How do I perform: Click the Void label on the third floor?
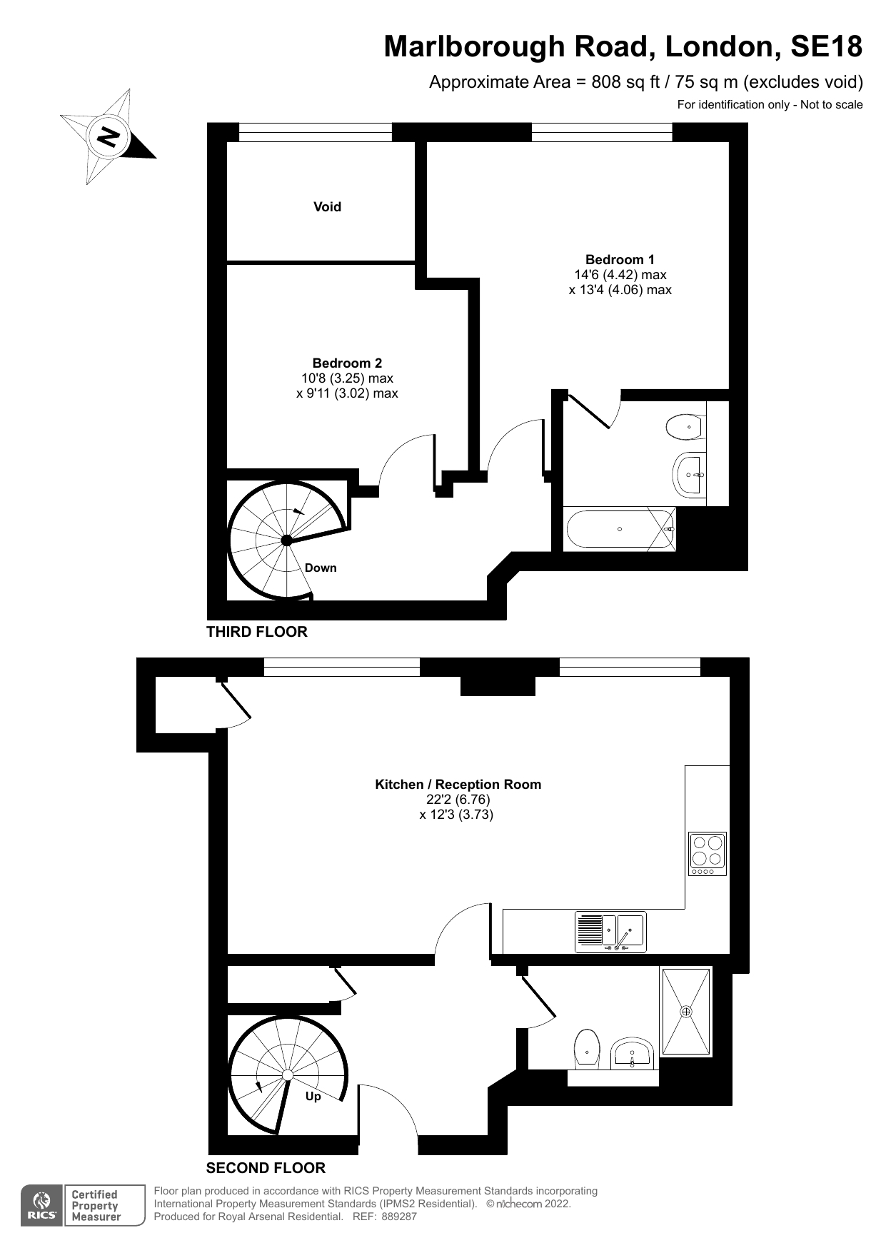tap(327, 207)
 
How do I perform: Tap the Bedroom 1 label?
tap(620, 260)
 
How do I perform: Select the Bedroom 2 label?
tap(347, 363)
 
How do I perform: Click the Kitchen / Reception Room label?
tap(458, 785)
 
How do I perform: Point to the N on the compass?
tap(109, 136)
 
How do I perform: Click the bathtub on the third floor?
tap(619, 529)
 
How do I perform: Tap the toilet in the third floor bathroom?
tap(685, 427)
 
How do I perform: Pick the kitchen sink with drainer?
tap(610, 932)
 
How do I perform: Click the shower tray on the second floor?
tap(686, 1012)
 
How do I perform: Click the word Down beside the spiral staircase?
tap(321, 568)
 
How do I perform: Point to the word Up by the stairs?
tap(313, 1097)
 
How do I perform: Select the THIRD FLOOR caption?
tap(257, 632)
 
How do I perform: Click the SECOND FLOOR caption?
tap(266, 1168)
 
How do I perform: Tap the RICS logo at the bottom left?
tap(41, 1206)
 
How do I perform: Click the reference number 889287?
tap(399, 1217)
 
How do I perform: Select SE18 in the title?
tap(826, 47)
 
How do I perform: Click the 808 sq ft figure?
tap(618, 82)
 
